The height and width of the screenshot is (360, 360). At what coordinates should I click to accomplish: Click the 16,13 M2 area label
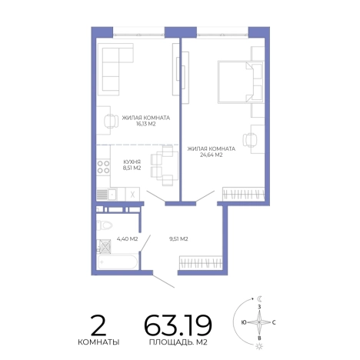pyautogui.click(x=145, y=124)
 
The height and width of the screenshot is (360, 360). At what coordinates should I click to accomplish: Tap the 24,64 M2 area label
pyautogui.click(x=211, y=155)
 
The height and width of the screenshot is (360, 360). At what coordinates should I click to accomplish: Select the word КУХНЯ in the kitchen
pyautogui.click(x=132, y=162)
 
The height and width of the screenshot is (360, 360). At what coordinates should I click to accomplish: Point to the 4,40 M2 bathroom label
pyautogui.click(x=127, y=239)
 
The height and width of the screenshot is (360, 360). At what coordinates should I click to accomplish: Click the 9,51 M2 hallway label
pyautogui.click(x=178, y=239)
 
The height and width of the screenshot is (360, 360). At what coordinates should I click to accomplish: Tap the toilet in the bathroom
pyautogui.click(x=105, y=225)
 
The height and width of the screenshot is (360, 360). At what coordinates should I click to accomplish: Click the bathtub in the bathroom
pyautogui.click(x=118, y=262)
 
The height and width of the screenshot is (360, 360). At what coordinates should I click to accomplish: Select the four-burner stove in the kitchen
pyautogui.click(x=103, y=167)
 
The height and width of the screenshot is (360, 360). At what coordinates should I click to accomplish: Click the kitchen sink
pyautogui.click(x=112, y=194)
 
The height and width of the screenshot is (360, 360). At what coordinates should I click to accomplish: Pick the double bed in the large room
pyautogui.click(x=241, y=82)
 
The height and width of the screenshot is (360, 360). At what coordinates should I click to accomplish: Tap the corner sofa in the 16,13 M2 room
pyautogui.click(x=115, y=68)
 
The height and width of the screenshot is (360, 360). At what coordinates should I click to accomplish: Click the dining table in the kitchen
pyautogui.click(x=170, y=165)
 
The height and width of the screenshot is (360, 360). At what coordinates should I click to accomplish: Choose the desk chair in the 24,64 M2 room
pyautogui.click(x=250, y=140)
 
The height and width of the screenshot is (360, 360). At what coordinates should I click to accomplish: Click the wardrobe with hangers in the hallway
pyautogui.click(x=201, y=262)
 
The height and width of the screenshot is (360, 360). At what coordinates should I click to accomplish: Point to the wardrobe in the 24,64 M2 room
pyautogui.click(x=243, y=194)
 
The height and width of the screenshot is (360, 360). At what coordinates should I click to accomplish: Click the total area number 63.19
pyautogui.click(x=178, y=325)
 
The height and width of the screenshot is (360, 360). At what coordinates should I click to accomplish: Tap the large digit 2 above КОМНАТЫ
pyautogui.click(x=98, y=325)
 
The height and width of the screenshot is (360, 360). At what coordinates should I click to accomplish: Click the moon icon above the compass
pyautogui.click(x=260, y=298)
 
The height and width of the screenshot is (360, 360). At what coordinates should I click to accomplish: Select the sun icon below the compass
pyautogui.click(x=260, y=346)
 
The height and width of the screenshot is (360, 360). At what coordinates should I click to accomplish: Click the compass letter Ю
pyautogui.click(x=244, y=322)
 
